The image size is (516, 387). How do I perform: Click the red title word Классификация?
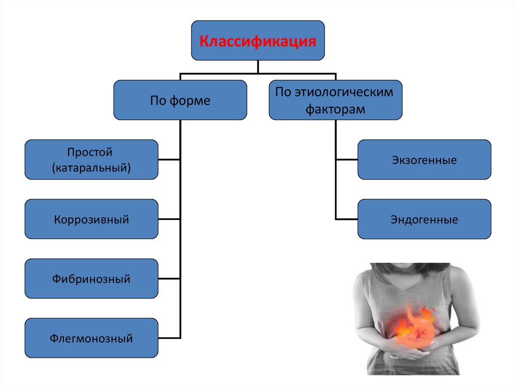[257, 41]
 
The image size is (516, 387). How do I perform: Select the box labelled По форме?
[180, 100]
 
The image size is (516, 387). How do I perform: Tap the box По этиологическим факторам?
[335, 100]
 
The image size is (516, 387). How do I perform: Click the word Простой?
[91, 152]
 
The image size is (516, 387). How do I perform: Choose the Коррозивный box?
[91, 219]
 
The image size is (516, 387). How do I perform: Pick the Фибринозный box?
[91, 279]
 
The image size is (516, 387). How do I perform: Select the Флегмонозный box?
[91, 338]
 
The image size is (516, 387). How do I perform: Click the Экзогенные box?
[424, 160]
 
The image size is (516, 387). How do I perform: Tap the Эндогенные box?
[424, 219]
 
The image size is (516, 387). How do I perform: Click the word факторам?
[335, 109]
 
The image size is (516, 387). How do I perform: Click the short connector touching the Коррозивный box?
[169, 219]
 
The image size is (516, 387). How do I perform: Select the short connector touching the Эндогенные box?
[347, 219]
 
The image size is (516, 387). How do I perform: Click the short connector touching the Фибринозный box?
[169, 279]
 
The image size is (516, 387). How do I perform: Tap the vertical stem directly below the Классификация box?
[257, 67]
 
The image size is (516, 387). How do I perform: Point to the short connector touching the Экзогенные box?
[347, 159]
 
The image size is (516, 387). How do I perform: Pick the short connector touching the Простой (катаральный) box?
[169, 159]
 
